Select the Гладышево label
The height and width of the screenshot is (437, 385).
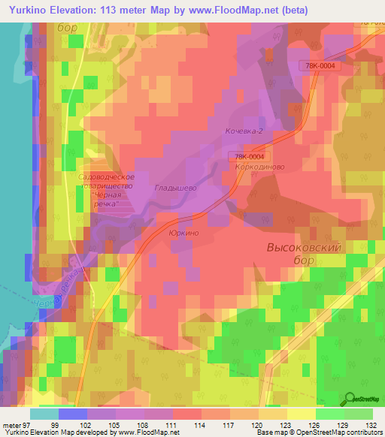pyautogui.click(x=175, y=188)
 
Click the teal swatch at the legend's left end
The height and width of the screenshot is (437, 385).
pyautogui.click(x=44, y=414)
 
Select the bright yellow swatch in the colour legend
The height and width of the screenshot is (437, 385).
pyautogui.click(x=301, y=414)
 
